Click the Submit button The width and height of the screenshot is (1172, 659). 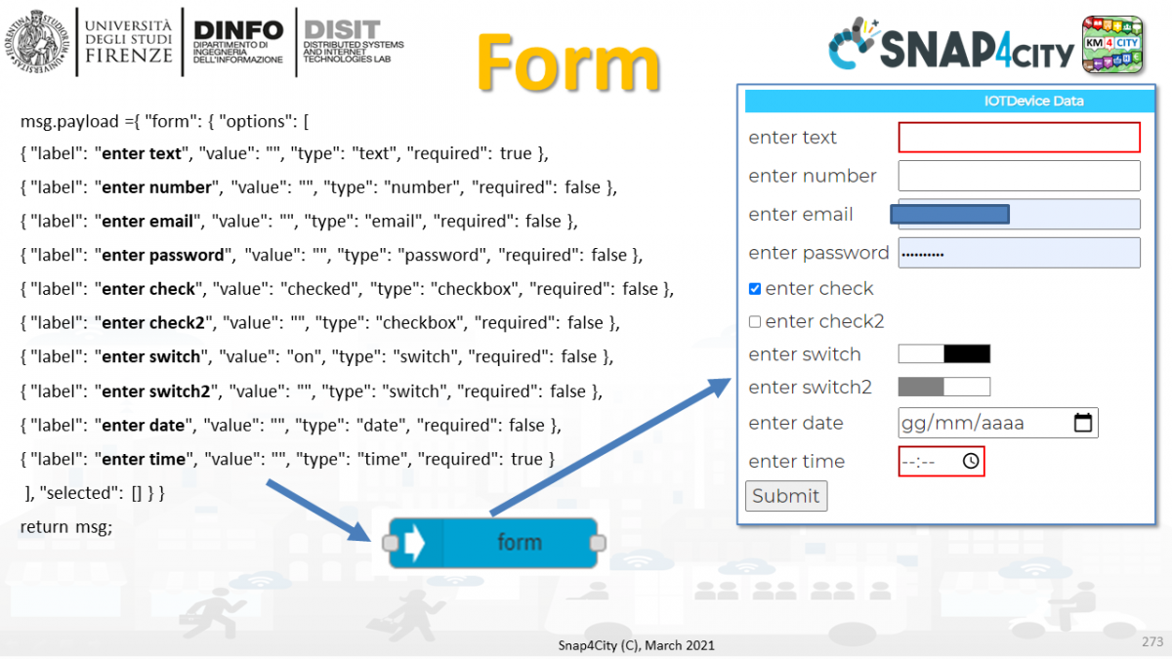coord(785,496)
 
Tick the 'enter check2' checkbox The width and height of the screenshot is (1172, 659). coord(755,322)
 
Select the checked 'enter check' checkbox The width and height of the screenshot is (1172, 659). coord(755,289)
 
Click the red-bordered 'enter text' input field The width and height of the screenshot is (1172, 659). coord(1019,138)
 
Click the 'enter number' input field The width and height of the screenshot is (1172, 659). coord(1019,176)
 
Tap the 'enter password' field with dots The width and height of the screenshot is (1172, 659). coord(1019,253)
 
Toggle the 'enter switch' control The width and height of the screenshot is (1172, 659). coord(943,354)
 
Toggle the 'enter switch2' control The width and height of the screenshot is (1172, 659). coord(943,388)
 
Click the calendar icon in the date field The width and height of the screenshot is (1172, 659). coord(1082,423)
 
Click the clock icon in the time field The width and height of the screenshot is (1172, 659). coord(970,461)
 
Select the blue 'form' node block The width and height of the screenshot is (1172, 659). coord(494,542)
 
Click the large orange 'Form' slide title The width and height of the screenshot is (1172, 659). coord(569,63)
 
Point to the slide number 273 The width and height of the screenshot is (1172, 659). coord(1151,642)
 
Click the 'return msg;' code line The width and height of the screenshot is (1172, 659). coord(66,527)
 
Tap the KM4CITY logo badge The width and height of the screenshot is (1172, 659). coord(1112,44)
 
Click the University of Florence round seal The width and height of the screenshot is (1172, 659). coord(38,42)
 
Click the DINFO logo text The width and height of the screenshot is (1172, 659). coord(238,30)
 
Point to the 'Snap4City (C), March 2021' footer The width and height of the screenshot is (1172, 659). coord(636,644)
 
